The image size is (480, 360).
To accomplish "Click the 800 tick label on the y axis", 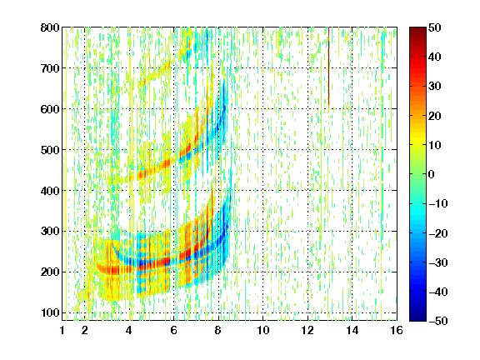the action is coord(50,27).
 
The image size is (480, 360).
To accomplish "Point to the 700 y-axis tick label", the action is coord(50,68).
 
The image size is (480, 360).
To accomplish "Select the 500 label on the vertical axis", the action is coord(50,150).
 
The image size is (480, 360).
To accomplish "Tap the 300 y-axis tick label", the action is coord(50,232).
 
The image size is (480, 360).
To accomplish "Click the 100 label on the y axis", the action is coord(50,312).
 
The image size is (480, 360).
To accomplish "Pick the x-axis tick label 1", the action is coord(62,330).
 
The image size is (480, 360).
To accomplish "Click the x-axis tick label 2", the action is coord(85,330).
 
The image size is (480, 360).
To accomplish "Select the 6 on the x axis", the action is coord(174,330).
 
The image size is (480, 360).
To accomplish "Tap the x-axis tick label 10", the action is coord(263,330).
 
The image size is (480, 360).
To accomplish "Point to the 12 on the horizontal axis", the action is coord(307,330).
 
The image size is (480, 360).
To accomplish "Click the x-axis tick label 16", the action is coord(397,330).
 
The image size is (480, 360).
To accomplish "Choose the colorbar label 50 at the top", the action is coord(435,27).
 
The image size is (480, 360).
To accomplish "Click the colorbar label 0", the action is coord(432,174).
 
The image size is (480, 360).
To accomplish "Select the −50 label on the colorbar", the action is coord(438,321).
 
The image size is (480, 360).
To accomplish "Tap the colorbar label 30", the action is coord(435,87).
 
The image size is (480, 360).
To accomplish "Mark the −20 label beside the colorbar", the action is coord(438,233).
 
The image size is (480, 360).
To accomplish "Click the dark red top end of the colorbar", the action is coord(417,29).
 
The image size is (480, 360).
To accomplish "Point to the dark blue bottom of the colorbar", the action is coord(417,318).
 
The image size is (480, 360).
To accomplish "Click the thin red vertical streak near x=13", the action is coord(329,67).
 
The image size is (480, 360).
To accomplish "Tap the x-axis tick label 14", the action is coord(352,330).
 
